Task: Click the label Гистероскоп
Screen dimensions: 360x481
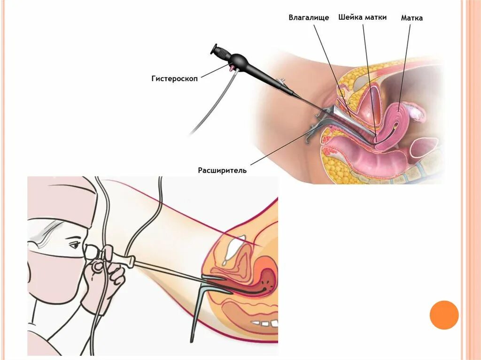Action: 174,79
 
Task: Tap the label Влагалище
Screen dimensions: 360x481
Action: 309,18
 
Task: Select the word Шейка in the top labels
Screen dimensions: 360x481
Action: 349,17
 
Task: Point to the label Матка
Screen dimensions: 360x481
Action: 412,18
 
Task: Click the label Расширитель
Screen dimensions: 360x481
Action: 222,170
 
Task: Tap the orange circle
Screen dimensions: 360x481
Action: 444,314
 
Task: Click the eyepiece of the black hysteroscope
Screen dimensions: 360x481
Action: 217,49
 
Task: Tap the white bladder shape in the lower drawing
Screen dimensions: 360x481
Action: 233,249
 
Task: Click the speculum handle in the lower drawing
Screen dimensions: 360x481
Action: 197,314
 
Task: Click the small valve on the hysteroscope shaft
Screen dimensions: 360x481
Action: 282,85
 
